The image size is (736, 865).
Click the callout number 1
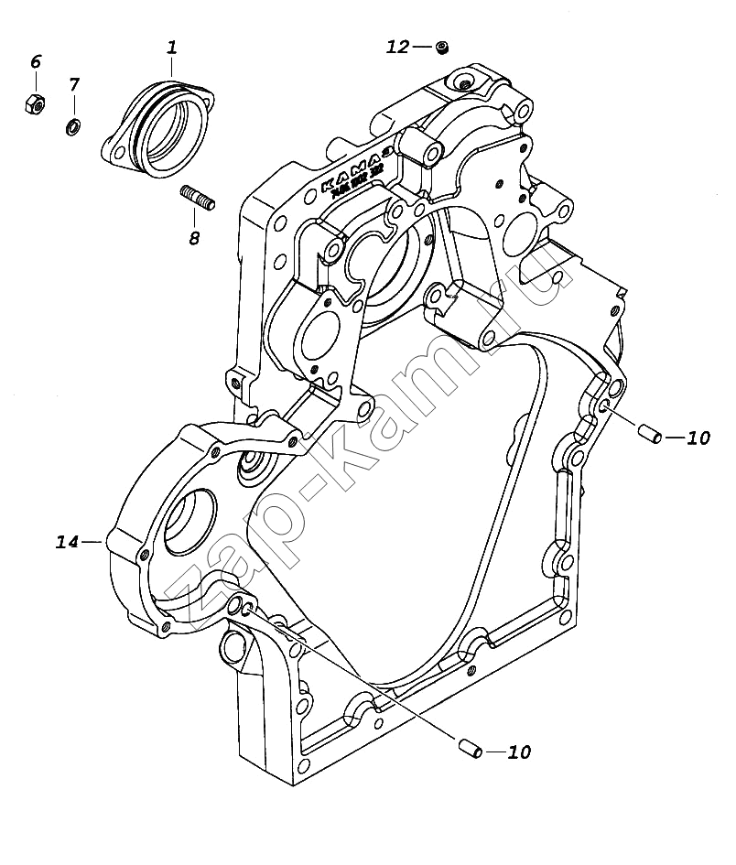172,47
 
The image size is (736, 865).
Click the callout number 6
36,62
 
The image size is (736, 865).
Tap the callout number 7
74,84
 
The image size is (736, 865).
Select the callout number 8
193,238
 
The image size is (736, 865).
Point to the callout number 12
397,47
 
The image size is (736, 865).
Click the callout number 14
67,542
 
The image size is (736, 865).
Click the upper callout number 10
698,438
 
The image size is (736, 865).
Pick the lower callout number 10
518,752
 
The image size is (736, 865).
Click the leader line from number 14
93,543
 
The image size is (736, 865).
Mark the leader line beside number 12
421,47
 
